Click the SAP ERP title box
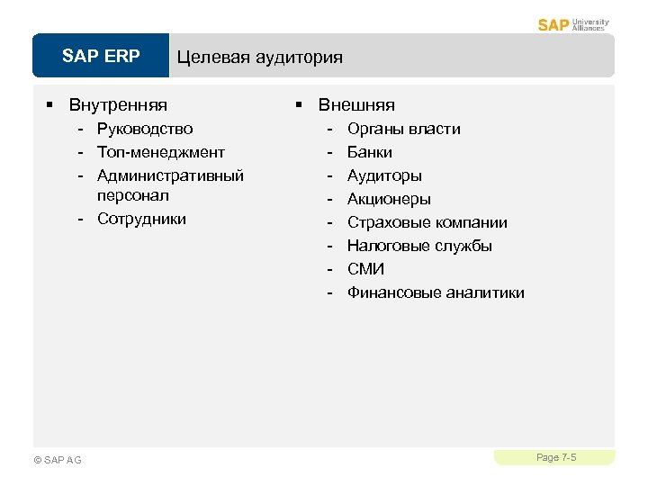tap(101, 57)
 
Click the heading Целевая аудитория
tap(259, 58)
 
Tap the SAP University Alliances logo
tap(573, 23)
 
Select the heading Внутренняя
tap(118, 105)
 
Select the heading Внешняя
tap(356, 105)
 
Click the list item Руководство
tap(145, 129)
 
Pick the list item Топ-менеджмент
tap(161, 152)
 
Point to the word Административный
tap(171, 175)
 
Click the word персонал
tap(133, 195)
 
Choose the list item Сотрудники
tap(141, 219)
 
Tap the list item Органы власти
tap(403, 129)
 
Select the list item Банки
tap(369, 152)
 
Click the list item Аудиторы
tap(384, 175)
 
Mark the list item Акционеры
tap(389, 199)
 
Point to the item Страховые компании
tap(427, 222)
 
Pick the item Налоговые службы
tap(419, 246)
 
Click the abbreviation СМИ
tap(365, 269)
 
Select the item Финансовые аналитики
tap(436, 292)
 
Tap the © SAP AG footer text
tap(57, 460)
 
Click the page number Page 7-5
tap(556, 458)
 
